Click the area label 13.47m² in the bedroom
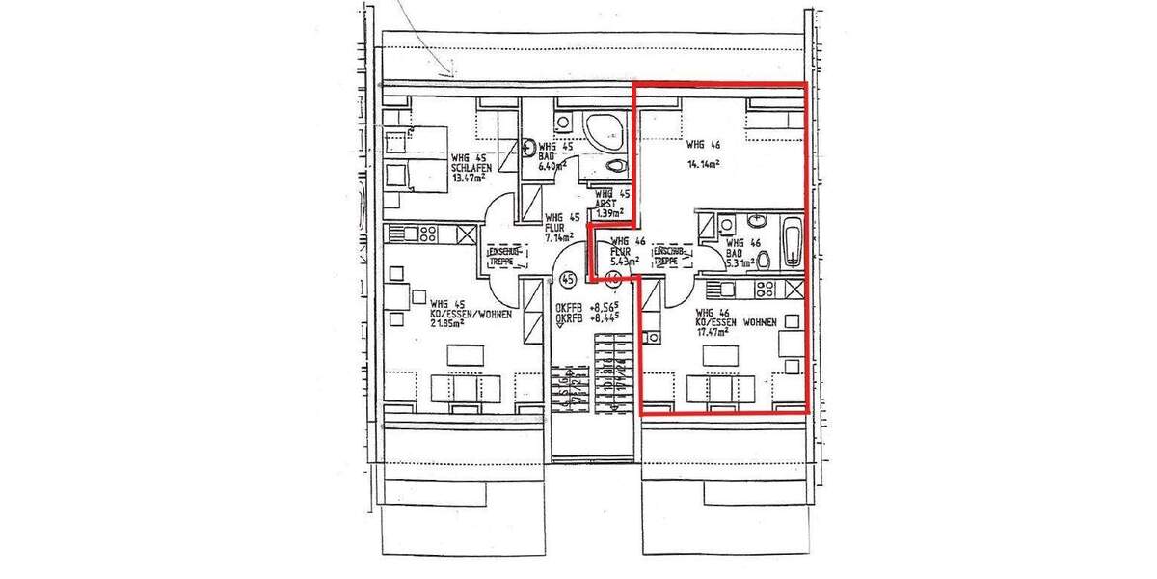pyautogui.click(x=471, y=179)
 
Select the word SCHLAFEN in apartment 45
pyautogui.click(x=472, y=168)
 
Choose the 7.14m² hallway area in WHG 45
pyautogui.click(x=559, y=235)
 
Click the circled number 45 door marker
pyautogui.click(x=568, y=279)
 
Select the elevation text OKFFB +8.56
pyautogui.click(x=587, y=309)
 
